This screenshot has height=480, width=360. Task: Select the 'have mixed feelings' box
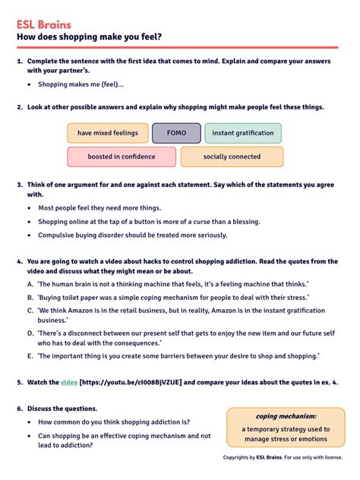(107, 133)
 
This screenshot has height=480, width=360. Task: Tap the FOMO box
(176, 133)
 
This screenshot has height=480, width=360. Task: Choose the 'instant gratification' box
(242, 133)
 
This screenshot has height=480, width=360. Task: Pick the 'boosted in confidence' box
(121, 156)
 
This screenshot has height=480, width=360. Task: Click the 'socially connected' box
(232, 156)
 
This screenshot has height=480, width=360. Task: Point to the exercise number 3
(19, 184)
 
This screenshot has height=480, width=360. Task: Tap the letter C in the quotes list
(30, 310)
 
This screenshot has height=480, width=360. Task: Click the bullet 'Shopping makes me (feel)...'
(81, 84)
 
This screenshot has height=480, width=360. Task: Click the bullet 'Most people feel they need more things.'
(99, 207)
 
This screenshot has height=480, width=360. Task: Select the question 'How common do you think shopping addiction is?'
(114, 422)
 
